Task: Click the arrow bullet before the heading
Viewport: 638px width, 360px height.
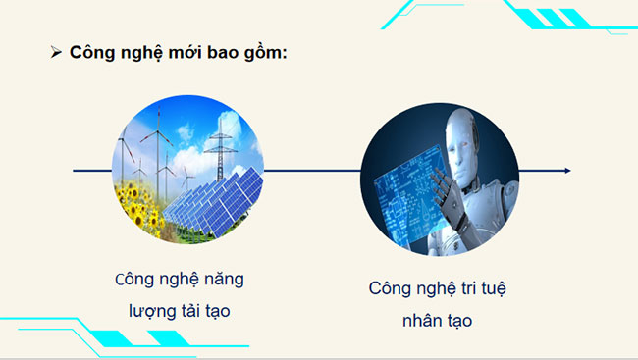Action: (x=56, y=52)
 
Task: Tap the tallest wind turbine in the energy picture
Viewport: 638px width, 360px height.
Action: (x=156, y=136)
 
